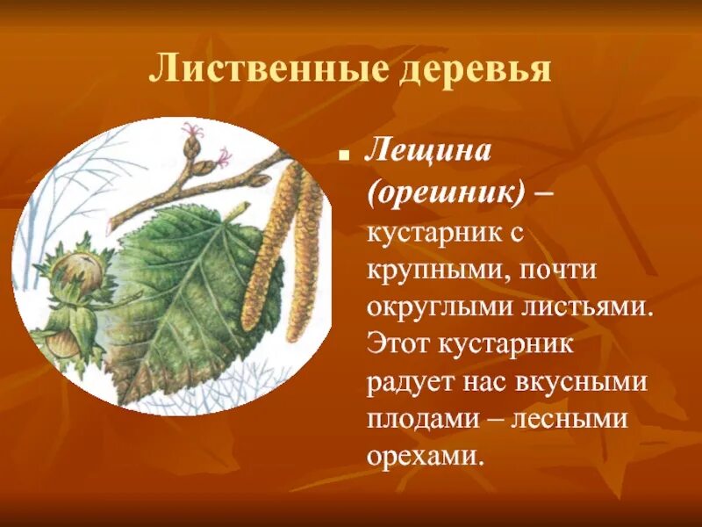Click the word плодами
click(416, 419)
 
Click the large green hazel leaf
click(193, 290)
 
